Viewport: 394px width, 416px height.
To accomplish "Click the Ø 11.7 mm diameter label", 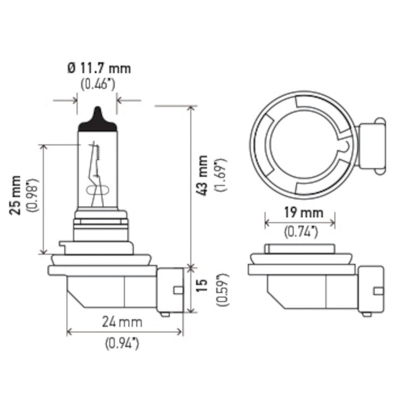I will (x=98, y=68).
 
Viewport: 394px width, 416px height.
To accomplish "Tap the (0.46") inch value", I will (x=98, y=84).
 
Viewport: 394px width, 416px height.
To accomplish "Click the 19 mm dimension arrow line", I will (x=300, y=223).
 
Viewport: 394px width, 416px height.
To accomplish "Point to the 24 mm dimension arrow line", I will (x=125, y=331).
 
